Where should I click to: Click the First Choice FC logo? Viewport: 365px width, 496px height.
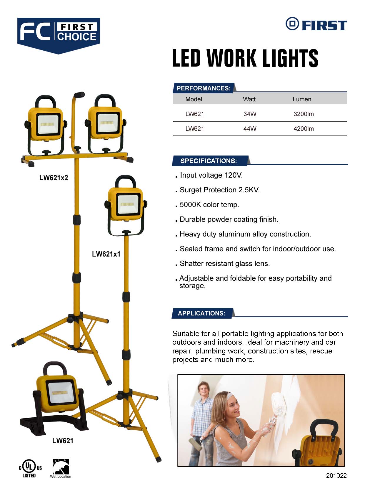tap(59, 35)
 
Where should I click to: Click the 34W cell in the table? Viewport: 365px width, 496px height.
tap(250, 114)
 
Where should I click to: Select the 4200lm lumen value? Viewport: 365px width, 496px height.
tap(304, 129)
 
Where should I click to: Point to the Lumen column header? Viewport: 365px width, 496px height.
tap(302, 99)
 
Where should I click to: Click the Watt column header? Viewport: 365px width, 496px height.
tap(249, 99)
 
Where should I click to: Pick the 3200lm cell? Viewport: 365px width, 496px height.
tap(304, 114)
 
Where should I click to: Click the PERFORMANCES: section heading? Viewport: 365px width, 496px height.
tap(204, 88)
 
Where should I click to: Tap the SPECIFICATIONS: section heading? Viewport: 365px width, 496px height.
tap(209, 161)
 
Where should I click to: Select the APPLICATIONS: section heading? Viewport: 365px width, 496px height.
tap(202, 313)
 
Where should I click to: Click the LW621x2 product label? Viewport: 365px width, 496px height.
tap(54, 178)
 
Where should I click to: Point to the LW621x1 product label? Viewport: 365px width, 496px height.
tap(106, 254)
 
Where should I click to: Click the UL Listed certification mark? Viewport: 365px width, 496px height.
tap(30, 468)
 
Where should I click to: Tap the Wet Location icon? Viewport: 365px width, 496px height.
tap(61, 468)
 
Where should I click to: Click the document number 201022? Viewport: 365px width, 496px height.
tap(336, 475)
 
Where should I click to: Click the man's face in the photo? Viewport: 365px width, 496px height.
tap(204, 389)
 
